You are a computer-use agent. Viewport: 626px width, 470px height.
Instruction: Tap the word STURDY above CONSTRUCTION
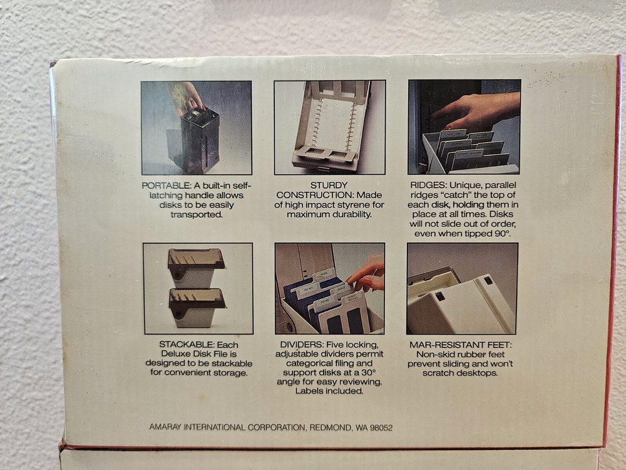[329, 185]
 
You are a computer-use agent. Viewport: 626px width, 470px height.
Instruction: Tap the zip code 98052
[381, 427]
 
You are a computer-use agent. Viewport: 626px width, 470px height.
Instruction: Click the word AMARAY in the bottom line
[165, 427]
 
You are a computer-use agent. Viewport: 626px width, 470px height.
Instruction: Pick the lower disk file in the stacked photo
[197, 308]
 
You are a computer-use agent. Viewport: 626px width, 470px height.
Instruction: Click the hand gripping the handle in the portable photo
[187, 96]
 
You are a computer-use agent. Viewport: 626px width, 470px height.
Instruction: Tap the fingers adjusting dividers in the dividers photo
[366, 275]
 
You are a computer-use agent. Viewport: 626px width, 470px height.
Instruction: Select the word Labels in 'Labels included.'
[307, 391]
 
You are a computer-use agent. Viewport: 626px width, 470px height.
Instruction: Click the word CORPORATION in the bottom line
[277, 427]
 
